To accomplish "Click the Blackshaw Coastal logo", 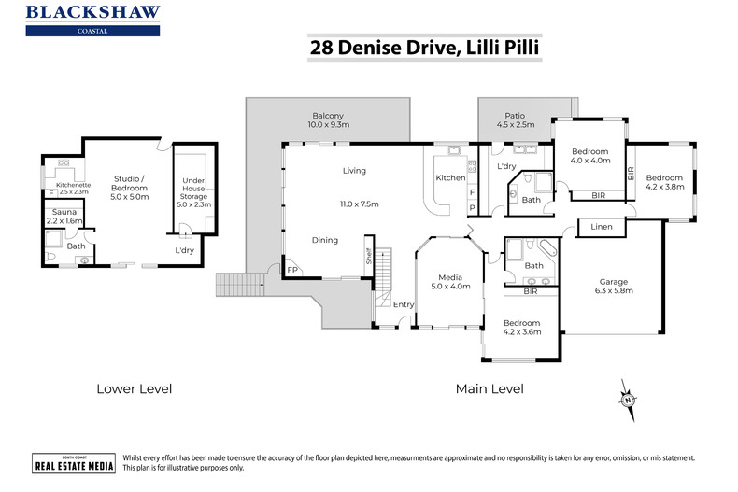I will click(92, 20).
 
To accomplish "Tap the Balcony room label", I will click(328, 119).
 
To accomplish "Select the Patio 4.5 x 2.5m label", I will click(514, 119).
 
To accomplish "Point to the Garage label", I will click(613, 286).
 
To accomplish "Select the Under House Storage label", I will click(193, 192).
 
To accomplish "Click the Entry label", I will click(403, 304).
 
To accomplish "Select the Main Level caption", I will click(489, 388).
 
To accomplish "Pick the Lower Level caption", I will click(134, 388).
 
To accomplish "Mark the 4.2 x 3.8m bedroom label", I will click(665, 182).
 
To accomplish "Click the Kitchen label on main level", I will click(450, 177).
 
